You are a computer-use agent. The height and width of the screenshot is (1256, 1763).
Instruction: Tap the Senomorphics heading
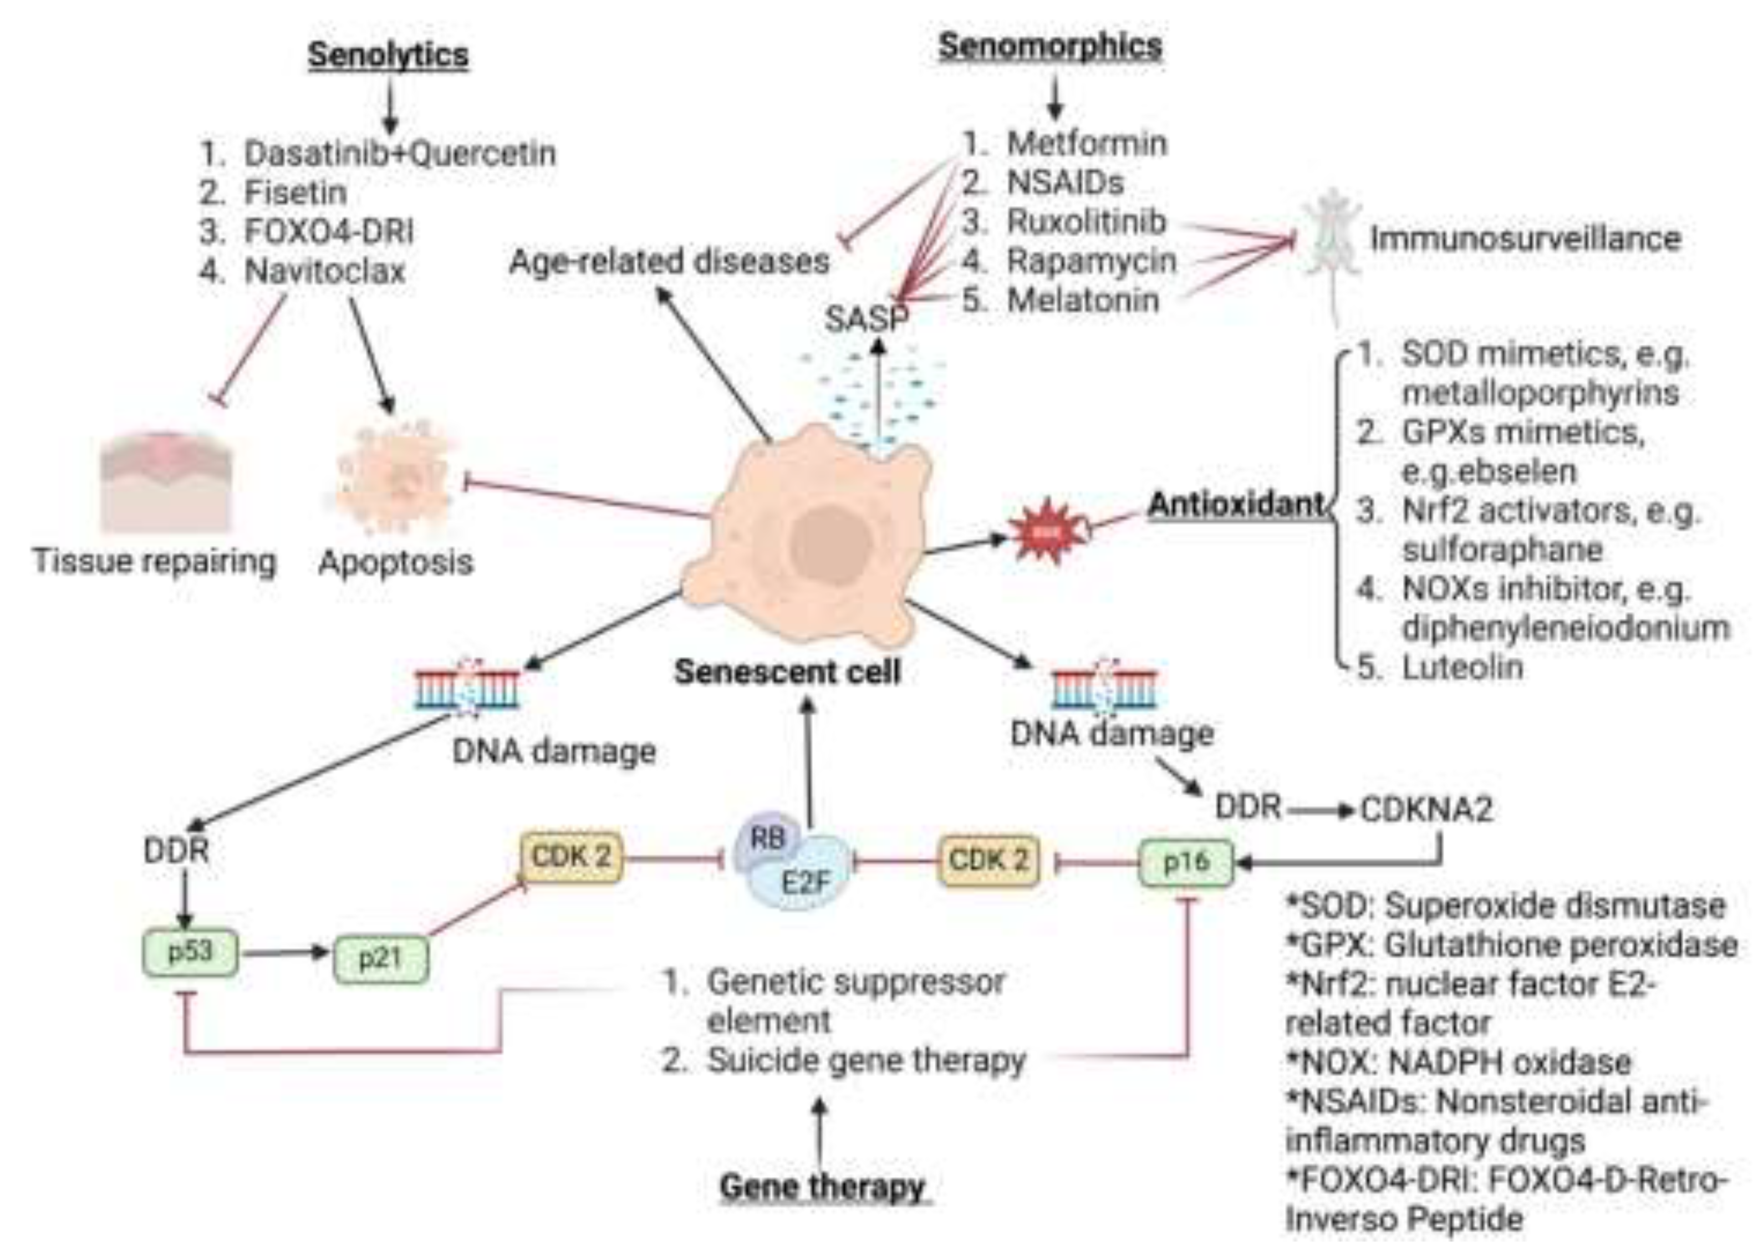coord(1049,47)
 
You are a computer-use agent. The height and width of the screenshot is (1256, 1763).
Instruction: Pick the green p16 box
coord(1185,862)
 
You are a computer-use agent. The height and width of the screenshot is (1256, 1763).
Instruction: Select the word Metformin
coord(1087,144)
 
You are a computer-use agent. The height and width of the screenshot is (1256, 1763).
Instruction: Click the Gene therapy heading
coord(822,1186)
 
